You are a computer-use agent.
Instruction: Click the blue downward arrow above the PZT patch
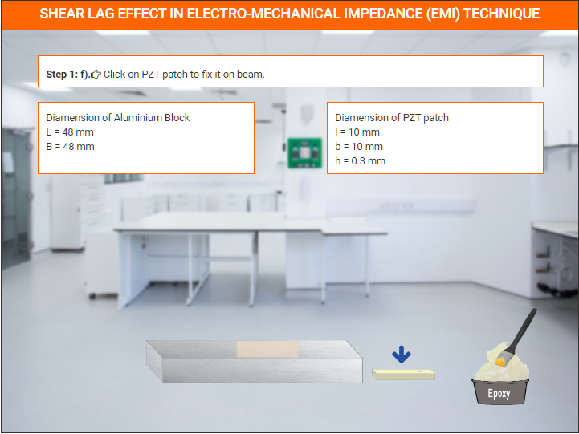pos(402,355)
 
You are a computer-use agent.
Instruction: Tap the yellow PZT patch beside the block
pos(403,375)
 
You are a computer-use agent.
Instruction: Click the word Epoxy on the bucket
pos(499,393)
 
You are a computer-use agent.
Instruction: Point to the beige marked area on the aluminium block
pos(267,349)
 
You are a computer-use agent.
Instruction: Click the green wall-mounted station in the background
pos(304,152)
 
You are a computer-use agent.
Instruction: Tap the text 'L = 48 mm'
pos(70,132)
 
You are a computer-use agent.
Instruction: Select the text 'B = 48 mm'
pos(70,146)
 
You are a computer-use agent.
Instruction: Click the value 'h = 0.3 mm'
pos(360,160)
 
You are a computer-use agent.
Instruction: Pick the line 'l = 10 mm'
pos(357,132)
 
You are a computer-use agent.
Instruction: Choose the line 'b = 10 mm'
pos(359,146)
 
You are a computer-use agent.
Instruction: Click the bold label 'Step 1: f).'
pos(67,75)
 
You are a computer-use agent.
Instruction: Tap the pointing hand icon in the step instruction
pos(96,75)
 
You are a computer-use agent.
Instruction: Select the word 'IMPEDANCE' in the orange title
pos(383,14)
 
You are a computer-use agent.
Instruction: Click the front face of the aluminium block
pos(262,370)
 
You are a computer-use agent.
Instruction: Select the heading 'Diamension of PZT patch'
pos(392,118)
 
